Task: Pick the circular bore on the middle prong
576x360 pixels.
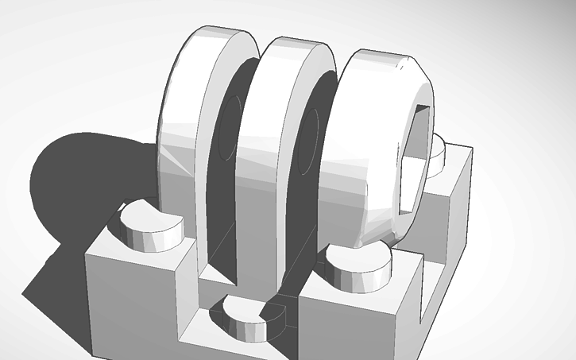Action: pyautogui.click(x=311, y=139)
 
